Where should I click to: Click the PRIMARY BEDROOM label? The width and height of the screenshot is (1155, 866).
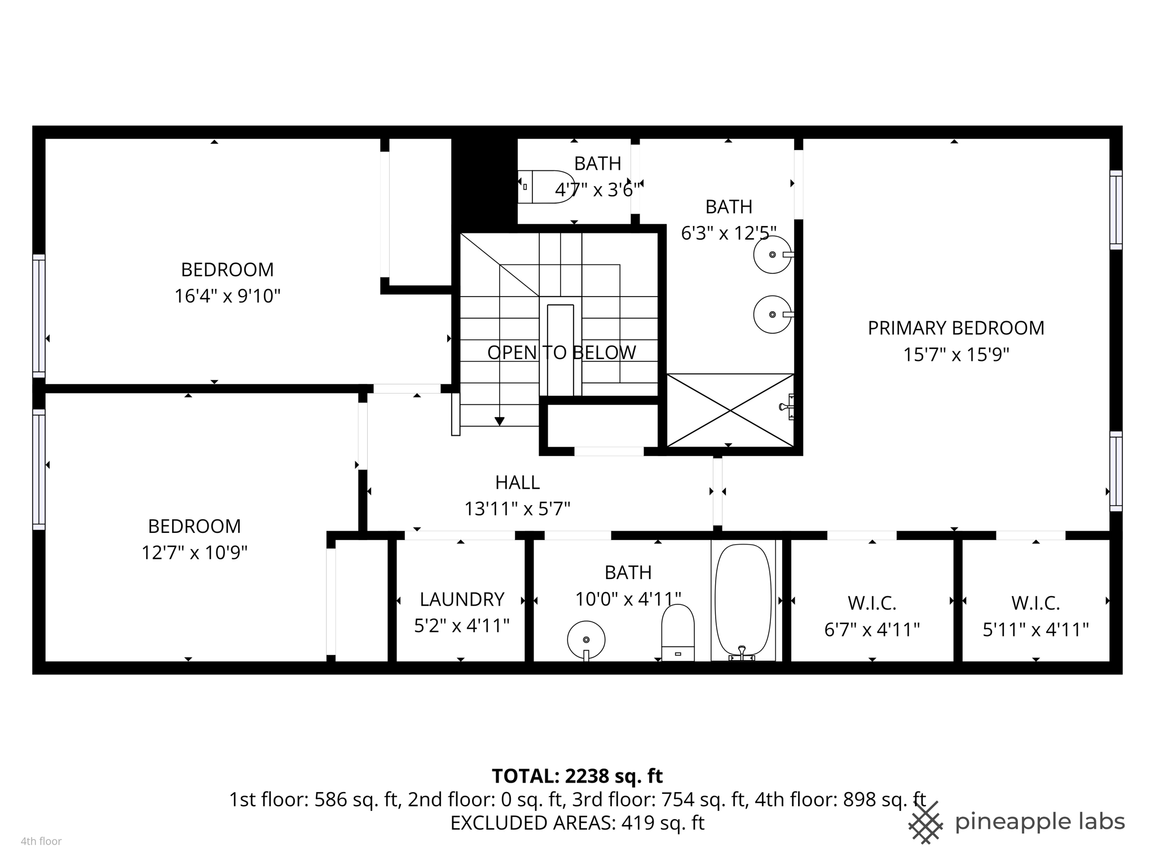click(x=955, y=328)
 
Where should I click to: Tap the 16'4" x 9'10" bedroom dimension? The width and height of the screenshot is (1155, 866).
click(x=227, y=296)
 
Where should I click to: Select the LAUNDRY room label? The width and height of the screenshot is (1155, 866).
click(x=461, y=599)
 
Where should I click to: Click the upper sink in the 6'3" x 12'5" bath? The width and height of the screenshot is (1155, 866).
click(x=772, y=255)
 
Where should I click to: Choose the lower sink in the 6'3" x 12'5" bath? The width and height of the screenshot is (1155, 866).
click(x=772, y=315)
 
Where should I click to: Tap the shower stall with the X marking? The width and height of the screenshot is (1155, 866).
click(x=730, y=410)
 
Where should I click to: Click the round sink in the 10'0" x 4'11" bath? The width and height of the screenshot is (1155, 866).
click(x=586, y=640)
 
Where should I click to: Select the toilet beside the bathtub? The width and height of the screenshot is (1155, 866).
click(x=677, y=631)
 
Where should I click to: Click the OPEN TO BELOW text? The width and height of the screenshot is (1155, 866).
click(x=561, y=353)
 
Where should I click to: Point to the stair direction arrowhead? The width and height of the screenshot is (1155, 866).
click(x=499, y=421)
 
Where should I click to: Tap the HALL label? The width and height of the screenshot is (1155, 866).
click(x=517, y=483)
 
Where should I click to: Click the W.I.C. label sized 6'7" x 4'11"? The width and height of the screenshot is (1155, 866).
click(x=872, y=603)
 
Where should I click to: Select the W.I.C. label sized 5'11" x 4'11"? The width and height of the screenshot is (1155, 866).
click(x=1035, y=603)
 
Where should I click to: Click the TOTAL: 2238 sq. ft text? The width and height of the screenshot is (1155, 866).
click(x=577, y=776)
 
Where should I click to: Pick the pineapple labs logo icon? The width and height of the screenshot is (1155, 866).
click(x=925, y=823)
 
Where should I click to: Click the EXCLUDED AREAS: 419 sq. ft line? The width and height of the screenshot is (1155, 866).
click(x=577, y=823)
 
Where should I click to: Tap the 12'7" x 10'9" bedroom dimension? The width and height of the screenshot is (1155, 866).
click(x=195, y=553)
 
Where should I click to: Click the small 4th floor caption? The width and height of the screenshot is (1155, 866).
click(x=41, y=842)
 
